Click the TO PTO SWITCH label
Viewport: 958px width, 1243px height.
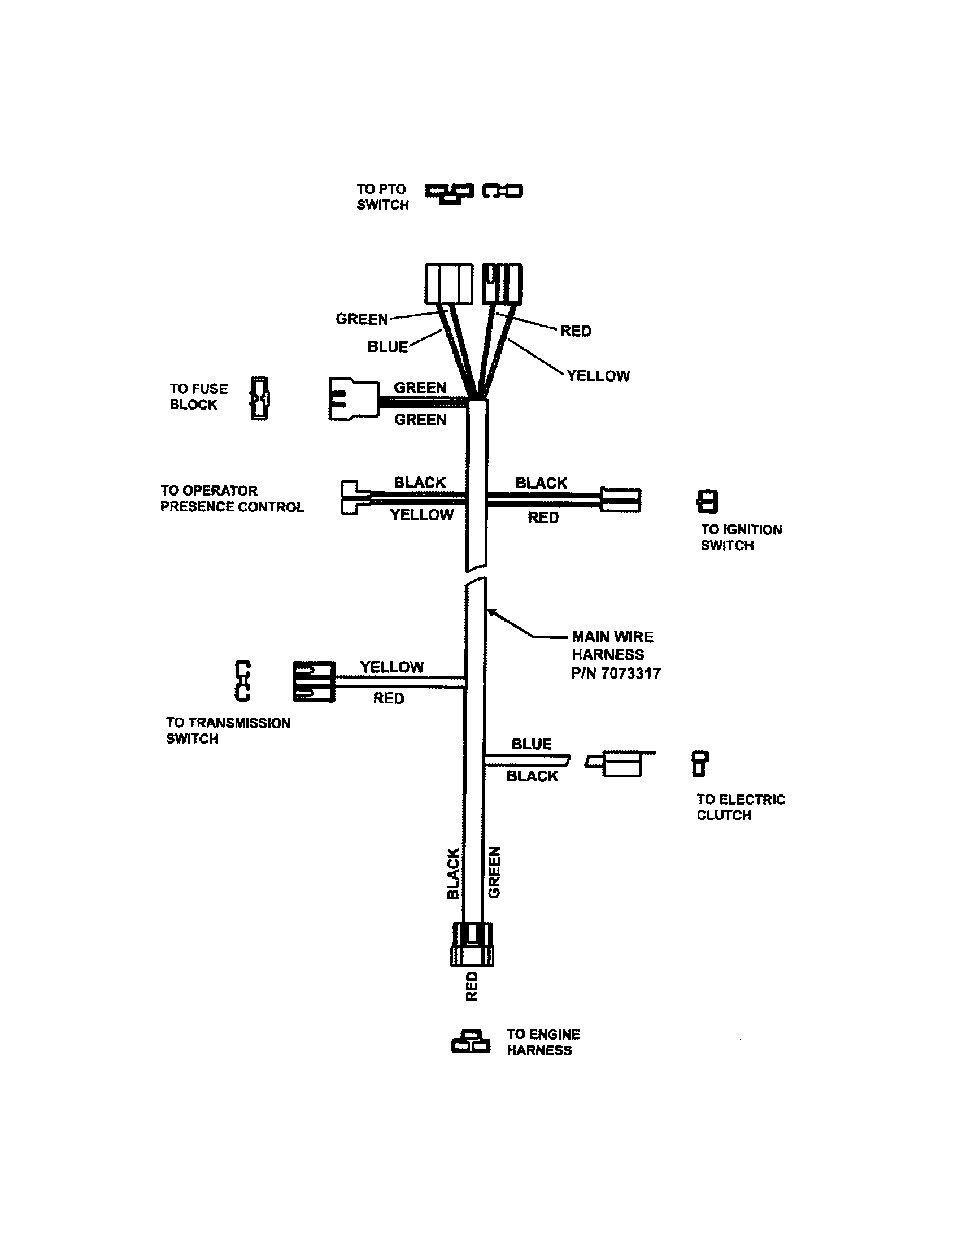coord(382,197)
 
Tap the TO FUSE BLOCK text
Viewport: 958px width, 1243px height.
coord(198,397)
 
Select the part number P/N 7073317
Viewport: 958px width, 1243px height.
coord(616,673)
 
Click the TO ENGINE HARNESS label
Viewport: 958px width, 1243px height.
coord(543,1042)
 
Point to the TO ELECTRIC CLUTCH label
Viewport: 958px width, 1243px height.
coord(740,807)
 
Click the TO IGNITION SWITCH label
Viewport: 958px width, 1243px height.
coord(741,537)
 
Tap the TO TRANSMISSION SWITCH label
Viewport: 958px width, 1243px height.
coord(228,731)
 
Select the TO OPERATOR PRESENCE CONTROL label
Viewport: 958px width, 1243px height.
coord(232,498)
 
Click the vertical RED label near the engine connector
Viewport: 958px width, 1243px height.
coord(472,986)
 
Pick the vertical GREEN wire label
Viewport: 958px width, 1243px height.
coord(494,872)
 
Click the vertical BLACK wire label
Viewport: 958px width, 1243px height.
coord(453,873)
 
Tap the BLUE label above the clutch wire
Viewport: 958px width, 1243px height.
coord(532,744)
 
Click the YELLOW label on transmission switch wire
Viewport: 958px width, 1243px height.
coord(391,667)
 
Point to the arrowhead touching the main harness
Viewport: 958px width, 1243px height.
coord(490,611)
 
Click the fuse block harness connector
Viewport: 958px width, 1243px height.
coord(353,399)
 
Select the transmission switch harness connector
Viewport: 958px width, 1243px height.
coord(313,681)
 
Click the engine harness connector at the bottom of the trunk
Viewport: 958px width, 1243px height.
coord(472,944)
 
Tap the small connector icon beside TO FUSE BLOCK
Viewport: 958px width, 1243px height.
coord(259,398)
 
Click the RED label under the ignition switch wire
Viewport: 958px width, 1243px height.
coord(543,518)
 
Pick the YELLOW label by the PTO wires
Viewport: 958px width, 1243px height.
coord(598,376)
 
